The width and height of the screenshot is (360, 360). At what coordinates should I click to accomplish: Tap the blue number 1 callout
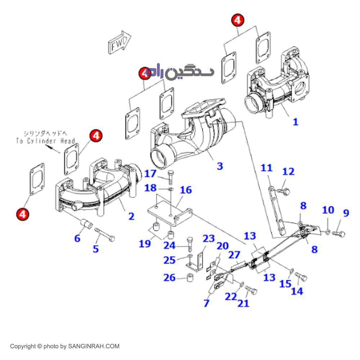click(295, 122)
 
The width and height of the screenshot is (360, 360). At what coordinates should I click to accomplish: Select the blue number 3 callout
click(220, 166)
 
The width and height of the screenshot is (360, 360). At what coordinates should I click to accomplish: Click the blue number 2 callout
click(131, 216)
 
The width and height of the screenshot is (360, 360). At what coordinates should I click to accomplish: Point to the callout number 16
click(186, 190)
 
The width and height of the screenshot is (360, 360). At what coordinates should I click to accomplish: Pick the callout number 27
click(234, 255)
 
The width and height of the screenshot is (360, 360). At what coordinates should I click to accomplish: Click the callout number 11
click(267, 168)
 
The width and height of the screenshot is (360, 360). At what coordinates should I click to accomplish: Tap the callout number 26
click(170, 278)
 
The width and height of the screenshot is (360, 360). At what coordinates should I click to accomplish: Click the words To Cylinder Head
click(45, 141)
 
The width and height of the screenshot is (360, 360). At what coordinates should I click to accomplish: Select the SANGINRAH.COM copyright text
click(64, 346)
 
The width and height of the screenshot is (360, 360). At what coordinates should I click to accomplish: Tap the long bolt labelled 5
click(104, 234)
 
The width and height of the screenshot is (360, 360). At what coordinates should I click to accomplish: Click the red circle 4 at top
click(237, 21)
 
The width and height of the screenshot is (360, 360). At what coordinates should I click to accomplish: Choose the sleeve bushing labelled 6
click(86, 224)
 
